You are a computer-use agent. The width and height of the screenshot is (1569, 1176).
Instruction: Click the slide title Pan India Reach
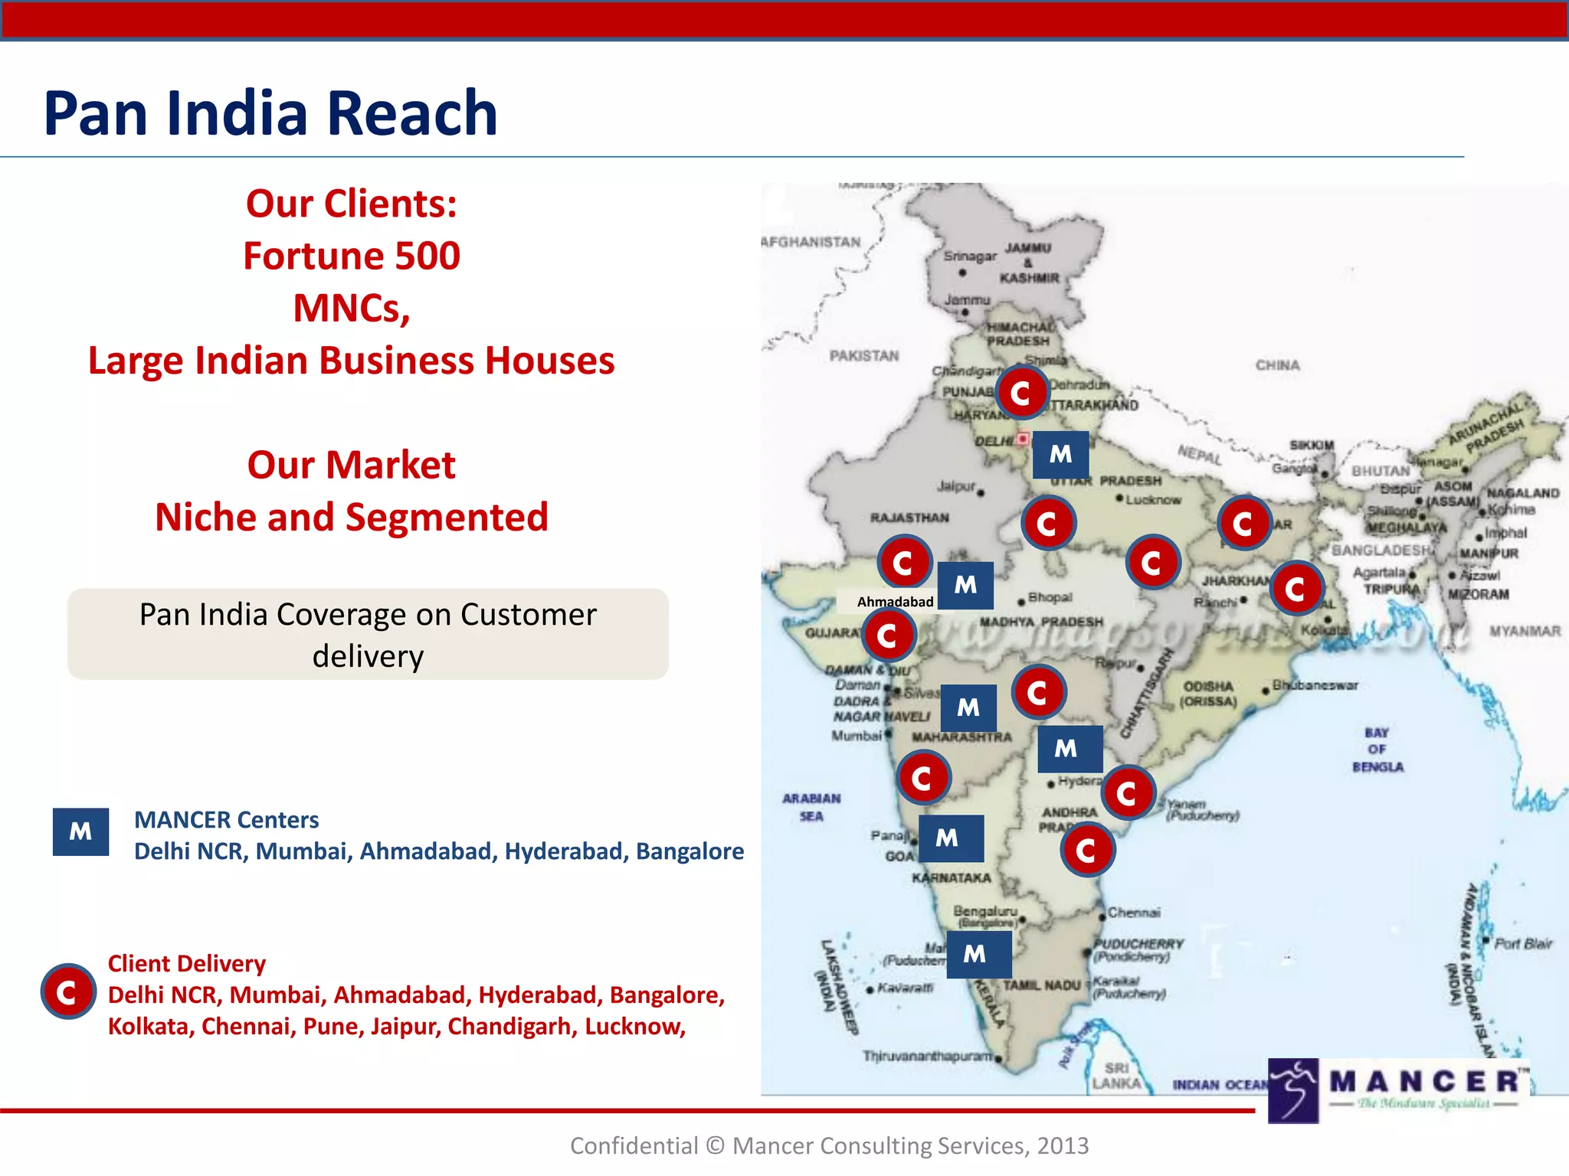[x=270, y=113]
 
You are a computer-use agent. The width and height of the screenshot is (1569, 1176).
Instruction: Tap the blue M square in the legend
[x=80, y=831]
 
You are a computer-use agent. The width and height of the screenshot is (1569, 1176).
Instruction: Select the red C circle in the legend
[x=68, y=991]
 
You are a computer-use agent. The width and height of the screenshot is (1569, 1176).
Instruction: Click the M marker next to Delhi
[x=1060, y=454]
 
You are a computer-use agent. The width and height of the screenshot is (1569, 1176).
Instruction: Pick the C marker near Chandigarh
[x=1021, y=393]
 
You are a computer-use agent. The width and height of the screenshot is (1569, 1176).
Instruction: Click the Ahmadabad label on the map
[x=895, y=602]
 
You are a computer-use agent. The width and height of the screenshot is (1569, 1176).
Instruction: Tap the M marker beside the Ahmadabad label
[x=965, y=586]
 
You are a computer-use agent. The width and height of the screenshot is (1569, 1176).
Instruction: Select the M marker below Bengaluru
[x=974, y=954]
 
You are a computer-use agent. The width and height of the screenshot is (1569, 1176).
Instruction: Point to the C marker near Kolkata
[x=1296, y=589]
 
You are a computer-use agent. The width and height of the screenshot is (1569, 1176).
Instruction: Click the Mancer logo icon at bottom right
[x=1293, y=1090]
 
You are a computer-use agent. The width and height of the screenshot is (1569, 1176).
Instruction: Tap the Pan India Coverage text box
[x=368, y=635]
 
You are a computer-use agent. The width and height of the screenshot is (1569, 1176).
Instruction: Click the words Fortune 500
[x=352, y=256]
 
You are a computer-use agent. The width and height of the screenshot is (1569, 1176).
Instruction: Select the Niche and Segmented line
[x=352, y=517]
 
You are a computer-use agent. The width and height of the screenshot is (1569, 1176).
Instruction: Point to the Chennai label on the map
[x=1134, y=913]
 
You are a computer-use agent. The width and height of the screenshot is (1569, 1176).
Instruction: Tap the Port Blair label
[x=1523, y=943]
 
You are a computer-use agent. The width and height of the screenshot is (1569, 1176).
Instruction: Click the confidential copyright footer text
[x=829, y=1145]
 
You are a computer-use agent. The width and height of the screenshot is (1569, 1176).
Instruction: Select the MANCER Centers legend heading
[x=227, y=820]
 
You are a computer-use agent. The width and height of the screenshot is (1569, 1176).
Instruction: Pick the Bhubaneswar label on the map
[x=1315, y=685]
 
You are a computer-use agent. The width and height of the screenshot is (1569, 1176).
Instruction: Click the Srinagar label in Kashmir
[x=970, y=256]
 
